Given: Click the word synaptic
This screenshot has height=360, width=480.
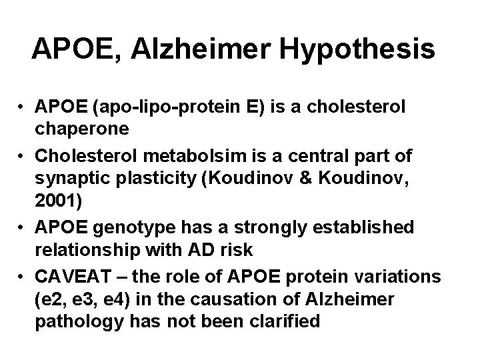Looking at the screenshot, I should (x=70, y=177).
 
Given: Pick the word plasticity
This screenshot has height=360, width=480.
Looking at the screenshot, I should (x=150, y=177).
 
